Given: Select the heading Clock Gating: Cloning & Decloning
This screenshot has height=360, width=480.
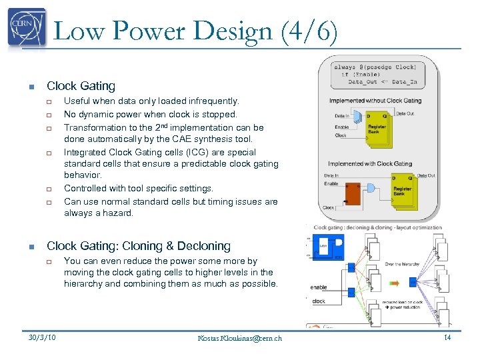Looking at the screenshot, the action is [139, 246].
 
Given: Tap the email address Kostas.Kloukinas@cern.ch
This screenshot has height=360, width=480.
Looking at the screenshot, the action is [240, 338].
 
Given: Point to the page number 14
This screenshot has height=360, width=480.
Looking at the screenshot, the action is [447, 338].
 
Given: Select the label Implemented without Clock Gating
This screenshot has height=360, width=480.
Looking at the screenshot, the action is [375, 101].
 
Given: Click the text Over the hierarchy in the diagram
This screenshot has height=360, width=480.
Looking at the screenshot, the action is [402, 265].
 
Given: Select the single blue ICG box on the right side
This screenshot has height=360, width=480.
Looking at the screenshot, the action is [413, 282].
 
